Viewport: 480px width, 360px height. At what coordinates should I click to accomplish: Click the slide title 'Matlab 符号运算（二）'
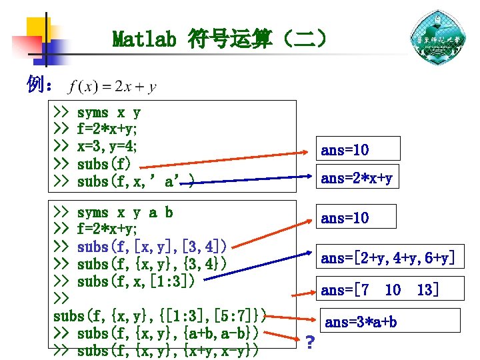click(220, 39)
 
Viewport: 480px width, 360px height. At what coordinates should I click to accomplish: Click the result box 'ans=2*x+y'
click(357, 178)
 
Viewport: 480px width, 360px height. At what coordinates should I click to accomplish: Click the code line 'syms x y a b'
click(125, 213)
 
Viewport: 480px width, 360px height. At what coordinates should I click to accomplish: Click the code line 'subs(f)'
click(104, 164)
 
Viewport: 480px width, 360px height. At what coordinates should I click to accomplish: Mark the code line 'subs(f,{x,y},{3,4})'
click(152, 264)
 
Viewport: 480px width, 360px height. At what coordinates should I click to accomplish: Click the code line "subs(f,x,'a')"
click(136, 181)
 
